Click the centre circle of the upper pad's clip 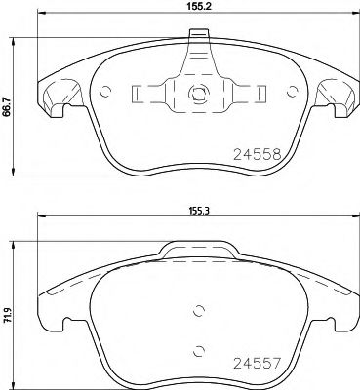[x=195, y=95]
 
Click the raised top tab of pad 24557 [x=194, y=252]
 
